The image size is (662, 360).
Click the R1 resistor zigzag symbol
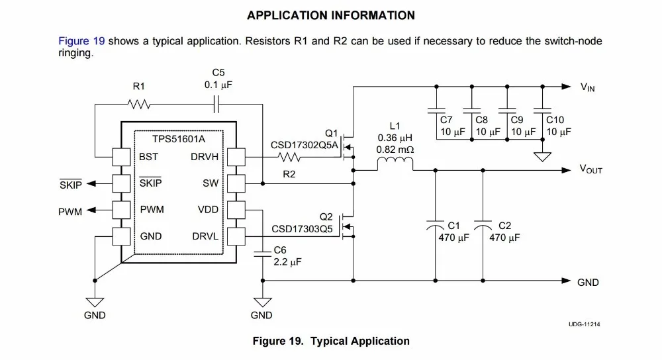click(x=139, y=104)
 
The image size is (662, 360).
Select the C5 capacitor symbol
click(x=216, y=105)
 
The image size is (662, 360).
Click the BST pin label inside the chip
click(x=148, y=157)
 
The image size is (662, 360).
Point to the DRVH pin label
click(x=205, y=157)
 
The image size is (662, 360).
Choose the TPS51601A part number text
click(x=179, y=139)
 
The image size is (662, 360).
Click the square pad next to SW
click(x=236, y=183)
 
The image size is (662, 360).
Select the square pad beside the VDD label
click(x=236, y=210)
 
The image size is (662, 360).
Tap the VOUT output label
click(x=591, y=169)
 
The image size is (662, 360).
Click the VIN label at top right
click(x=587, y=87)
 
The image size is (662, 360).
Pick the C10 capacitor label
click(x=555, y=120)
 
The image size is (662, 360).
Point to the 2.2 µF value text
click(x=287, y=262)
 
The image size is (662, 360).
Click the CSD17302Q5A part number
click(x=305, y=145)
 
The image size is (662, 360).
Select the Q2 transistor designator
click(x=326, y=217)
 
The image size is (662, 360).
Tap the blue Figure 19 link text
click(x=81, y=41)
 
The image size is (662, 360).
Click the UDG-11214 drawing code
click(x=584, y=324)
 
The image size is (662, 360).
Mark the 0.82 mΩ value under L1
click(x=395, y=150)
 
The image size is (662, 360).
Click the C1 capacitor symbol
click(x=436, y=225)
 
